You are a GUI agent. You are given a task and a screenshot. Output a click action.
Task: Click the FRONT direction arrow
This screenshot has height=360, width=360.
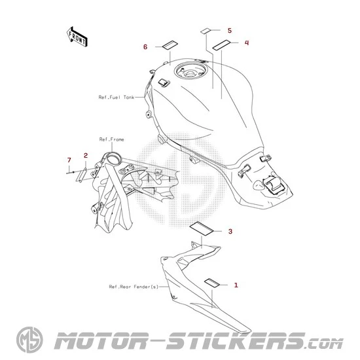click(x=77, y=37)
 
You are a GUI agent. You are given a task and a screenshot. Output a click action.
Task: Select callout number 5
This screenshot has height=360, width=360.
click(x=230, y=31)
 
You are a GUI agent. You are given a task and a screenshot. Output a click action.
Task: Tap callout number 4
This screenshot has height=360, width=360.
click(x=247, y=43)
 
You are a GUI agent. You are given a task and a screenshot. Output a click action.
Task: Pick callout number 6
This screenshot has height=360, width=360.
click(x=145, y=47)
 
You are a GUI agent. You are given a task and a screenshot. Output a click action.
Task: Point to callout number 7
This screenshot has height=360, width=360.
click(x=69, y=160)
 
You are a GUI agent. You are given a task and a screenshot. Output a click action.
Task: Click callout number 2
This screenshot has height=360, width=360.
click(x=86, y=155)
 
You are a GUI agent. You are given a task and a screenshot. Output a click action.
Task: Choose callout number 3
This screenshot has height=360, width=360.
click(x=230, y=232)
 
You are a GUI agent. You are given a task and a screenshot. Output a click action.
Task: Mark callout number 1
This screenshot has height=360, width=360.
click(x=236, y=285)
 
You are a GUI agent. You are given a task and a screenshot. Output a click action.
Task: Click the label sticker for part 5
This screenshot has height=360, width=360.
click(x=206, y=31)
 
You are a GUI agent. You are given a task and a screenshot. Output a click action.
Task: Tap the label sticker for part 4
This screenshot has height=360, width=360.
click(x=221, y=45)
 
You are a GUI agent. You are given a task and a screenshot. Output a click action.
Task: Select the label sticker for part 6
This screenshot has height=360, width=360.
click(x=170, y=45)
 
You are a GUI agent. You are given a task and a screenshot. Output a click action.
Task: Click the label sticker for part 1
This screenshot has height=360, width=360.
click(x=212, y=283)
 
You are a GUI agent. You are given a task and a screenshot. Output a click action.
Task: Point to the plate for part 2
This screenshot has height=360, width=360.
click(x=81, y=175)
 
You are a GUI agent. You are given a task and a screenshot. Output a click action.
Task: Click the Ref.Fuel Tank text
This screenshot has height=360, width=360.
click(x=116, y=98)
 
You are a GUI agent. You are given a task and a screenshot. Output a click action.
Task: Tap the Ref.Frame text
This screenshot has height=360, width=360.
click(x=111, y=139)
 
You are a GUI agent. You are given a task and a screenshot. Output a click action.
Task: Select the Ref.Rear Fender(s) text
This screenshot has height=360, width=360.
click(x=134, y=287)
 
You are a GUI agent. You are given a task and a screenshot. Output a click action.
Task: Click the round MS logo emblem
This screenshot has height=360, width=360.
click(x=29, y=340)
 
